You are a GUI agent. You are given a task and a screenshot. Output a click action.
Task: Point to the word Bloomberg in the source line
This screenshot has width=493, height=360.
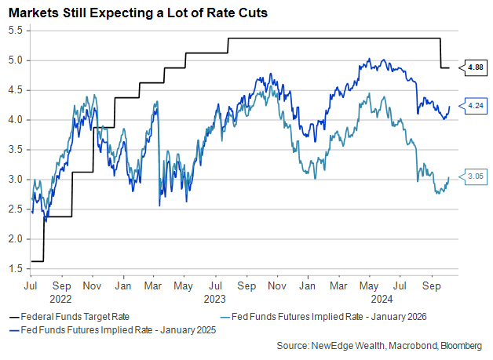click(x=462, y=345)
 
